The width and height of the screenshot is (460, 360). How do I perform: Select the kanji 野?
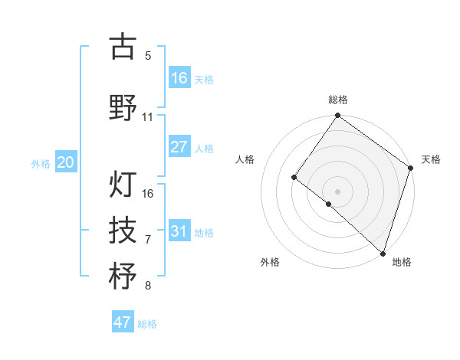coord(123,108)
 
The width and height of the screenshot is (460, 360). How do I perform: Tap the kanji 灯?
coord(123,185)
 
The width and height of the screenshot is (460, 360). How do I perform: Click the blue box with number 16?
coord(179,77)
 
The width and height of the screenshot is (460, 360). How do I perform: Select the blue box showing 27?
coord(179,147)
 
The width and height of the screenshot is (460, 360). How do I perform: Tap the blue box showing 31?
coord(179,231)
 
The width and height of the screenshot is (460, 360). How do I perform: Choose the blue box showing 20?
coord(66,162)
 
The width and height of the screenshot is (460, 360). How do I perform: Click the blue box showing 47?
coord(123,322)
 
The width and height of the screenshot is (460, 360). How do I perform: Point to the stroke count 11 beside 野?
coord(148,117)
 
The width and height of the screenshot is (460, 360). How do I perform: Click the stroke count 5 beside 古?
coord(148,56)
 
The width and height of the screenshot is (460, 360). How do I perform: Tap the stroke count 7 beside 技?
coord(148,240)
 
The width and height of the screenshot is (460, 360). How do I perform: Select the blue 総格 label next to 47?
coord(147,324)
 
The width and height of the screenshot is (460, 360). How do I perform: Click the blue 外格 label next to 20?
coord(41,163)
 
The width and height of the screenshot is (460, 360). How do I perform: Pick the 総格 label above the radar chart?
coord(338,100)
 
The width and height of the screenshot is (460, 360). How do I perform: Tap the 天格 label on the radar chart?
coord(431,159)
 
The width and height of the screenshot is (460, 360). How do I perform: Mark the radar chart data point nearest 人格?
coord(294,178)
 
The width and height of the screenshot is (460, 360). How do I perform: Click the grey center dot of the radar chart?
coord(337,191)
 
